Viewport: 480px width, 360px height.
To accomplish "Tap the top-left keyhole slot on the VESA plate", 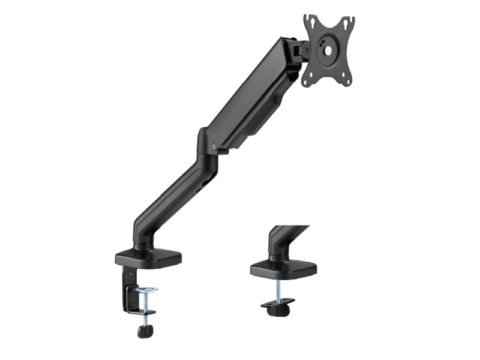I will coord(310,22).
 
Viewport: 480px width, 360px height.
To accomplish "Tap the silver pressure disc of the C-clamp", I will coord(145,290).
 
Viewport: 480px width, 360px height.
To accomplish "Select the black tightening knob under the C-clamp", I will coord(144,330).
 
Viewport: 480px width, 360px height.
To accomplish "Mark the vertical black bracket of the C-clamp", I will coord(128,288).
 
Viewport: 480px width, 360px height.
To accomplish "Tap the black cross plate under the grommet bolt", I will coord(277,304).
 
